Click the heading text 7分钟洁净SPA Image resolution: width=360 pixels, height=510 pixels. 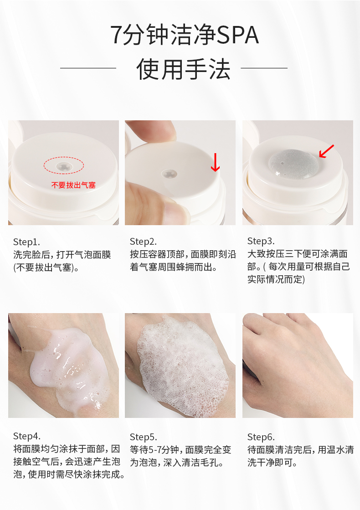point(185,35)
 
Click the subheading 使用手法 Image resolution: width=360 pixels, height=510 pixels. point(183,69)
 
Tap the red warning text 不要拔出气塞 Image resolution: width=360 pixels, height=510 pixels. point(73,185)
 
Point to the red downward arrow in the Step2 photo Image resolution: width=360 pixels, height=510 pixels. point(215,162)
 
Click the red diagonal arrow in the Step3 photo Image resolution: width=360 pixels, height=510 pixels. point(326,152)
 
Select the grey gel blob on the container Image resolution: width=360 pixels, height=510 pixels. point(293,164)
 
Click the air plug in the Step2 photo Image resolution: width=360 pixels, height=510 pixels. point(170,174)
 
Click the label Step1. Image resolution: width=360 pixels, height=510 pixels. point(27,242)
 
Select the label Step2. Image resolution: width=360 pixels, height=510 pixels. point(143,242)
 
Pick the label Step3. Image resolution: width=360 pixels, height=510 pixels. point(261,242)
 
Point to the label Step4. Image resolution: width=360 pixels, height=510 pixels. point(27,436)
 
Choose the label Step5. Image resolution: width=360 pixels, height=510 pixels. point(143,437)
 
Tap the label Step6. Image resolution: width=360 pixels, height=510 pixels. point(261,437)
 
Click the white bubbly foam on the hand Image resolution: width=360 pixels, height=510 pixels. point(182,366)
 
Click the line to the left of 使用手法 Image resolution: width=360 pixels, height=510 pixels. point(88,68)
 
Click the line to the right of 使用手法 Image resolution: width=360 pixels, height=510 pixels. point(264,68)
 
